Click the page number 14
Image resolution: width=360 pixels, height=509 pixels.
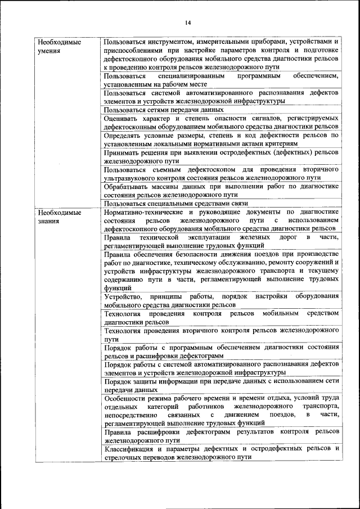click(188, 22)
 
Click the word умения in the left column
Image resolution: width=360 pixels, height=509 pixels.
click(49, 51)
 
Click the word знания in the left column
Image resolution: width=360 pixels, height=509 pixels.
click(48, 221)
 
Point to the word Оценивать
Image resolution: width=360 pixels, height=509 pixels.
click(123, 119)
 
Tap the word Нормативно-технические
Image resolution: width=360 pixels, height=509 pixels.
click(140, 212)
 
